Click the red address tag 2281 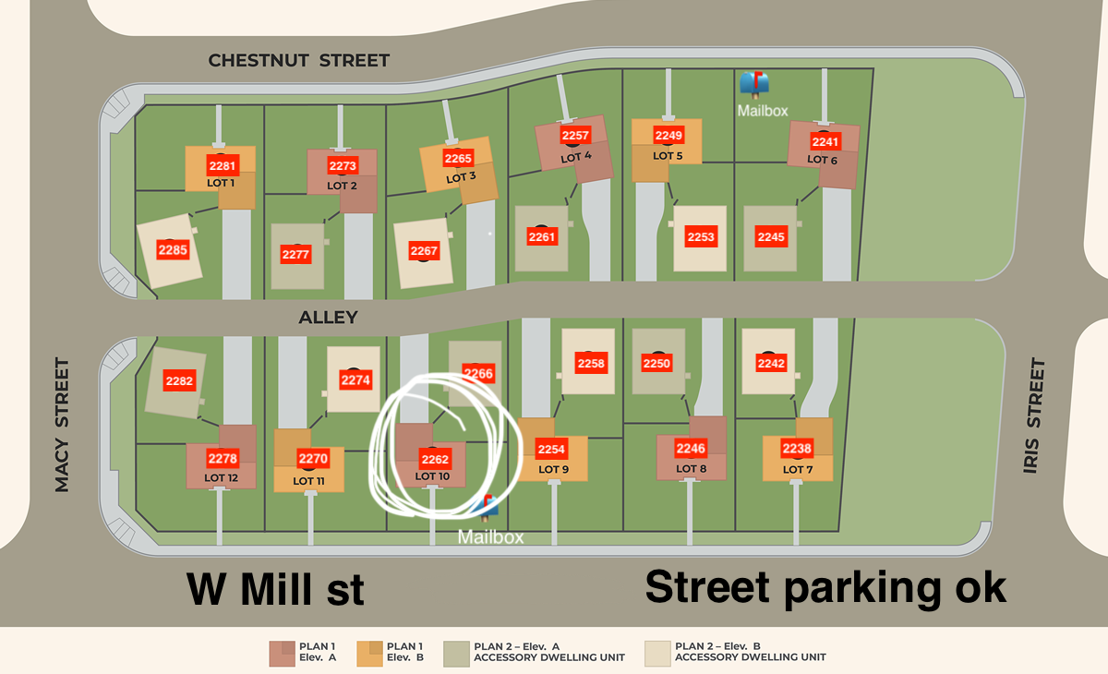click(223, 166)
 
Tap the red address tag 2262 click(435, 459)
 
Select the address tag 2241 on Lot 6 click(825, 141)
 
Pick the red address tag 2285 click(173, 249)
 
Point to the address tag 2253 click(701, 237)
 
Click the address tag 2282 click(179, 380)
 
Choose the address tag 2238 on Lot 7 click(797, 450)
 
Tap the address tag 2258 click(591, 364)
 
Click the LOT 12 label click(222, 477)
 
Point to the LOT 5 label click(668, 155)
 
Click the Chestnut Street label click(299, 61)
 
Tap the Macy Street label click(62, 425)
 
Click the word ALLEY click(328, 318)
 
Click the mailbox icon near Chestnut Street click(753, 84)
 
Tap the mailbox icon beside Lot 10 click(487, 505)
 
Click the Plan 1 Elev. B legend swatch click(369, 653)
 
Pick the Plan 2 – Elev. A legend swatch click(456, 653)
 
